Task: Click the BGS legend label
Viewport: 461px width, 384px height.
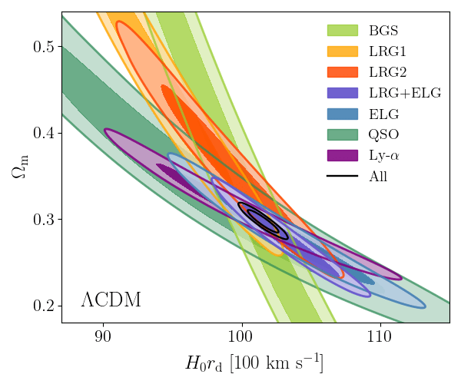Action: point(383,31)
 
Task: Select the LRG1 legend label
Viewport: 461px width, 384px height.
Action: point(386,52)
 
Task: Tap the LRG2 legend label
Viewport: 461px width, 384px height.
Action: point(386,73)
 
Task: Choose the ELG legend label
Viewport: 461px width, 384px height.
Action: point(383,114)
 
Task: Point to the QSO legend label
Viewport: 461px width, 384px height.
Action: point(383,135)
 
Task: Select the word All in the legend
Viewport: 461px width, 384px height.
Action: point(378,177)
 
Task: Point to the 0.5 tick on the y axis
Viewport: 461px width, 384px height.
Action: point(48,47)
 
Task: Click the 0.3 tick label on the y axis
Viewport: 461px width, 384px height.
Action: point(48,220)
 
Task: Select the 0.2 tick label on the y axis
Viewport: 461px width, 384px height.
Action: point(48,306)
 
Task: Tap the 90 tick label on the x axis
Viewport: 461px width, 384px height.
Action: point(103,336)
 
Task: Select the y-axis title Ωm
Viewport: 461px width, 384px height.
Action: point(20,166)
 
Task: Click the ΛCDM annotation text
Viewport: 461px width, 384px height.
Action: point(111,300)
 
